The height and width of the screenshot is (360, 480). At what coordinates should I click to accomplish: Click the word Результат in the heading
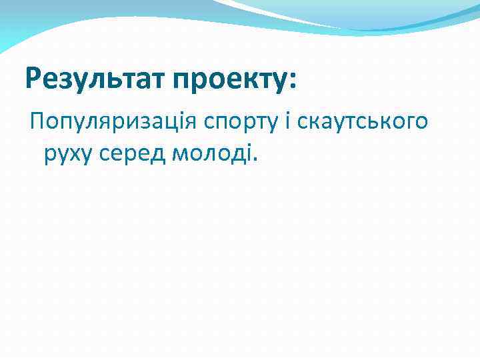click(95, 80)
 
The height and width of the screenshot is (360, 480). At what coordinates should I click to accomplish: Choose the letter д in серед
click(160, 154)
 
